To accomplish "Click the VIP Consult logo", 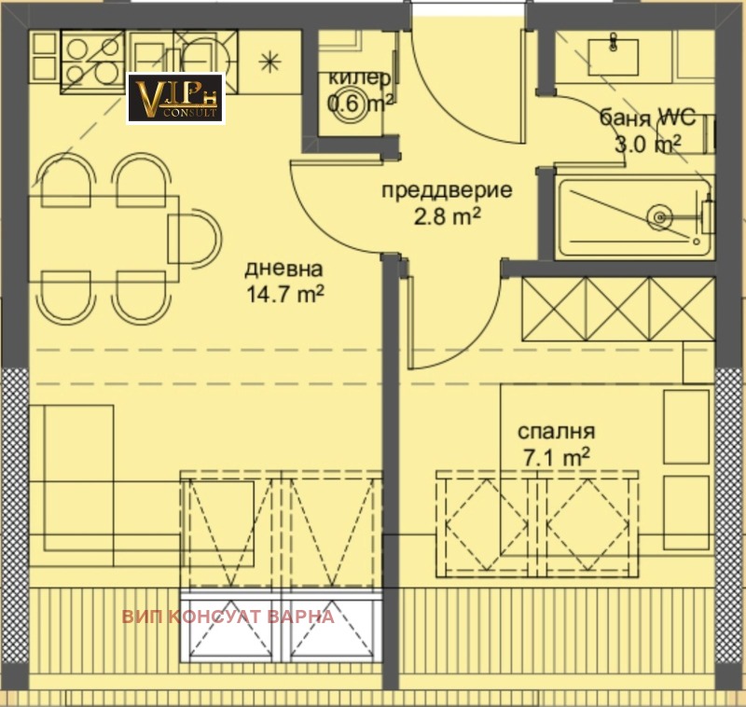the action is click(x=175, y=98).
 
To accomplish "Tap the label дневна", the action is click(x=283, y=269).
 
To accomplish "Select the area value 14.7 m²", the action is click(x=285, y=295).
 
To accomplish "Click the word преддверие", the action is click(x=448, y=190).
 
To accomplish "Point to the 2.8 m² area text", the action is click(x=448, y=217).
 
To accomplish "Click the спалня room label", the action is click(x=556, y=431).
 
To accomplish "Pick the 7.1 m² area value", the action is click(x=557, y=458).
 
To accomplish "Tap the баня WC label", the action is click(x=647, y=117).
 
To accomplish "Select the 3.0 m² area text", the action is click(x=647, y=144).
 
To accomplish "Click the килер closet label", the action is click(x=360, y=77).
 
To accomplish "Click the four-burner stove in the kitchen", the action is click(x=92, y=62).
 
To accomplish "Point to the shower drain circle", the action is click(x=660, y=218).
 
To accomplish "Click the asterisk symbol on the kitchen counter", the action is click(x=269, y=62).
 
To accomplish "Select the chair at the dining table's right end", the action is click(x=195, y=238).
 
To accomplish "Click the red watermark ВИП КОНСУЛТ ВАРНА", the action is click(x=228, y=617).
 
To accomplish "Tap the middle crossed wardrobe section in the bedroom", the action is click(x=618, y=310).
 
